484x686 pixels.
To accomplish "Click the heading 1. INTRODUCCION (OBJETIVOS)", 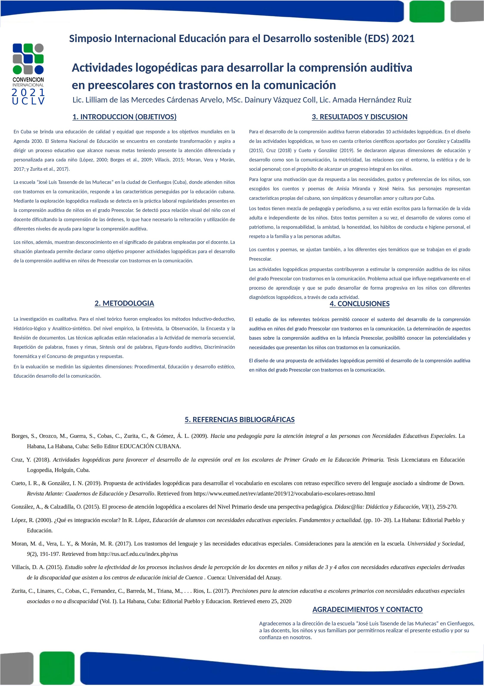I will coord(124,117).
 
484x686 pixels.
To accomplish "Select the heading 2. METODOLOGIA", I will coord(124,303).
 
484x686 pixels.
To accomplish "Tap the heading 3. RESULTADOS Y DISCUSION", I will coord(360,117).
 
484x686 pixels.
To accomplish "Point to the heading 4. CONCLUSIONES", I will coord(360,304).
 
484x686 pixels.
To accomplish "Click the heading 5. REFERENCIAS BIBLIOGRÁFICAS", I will coord(240,419).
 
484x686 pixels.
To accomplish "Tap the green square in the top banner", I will coord(427,11).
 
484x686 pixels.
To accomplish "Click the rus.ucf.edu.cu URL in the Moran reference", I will coord(138,554).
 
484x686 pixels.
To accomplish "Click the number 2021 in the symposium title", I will coord(403,39).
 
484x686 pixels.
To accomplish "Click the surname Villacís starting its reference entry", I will coord(21,567).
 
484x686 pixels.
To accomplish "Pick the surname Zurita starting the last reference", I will coord(19,591).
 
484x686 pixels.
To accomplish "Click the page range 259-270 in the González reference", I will coord(446,507).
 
